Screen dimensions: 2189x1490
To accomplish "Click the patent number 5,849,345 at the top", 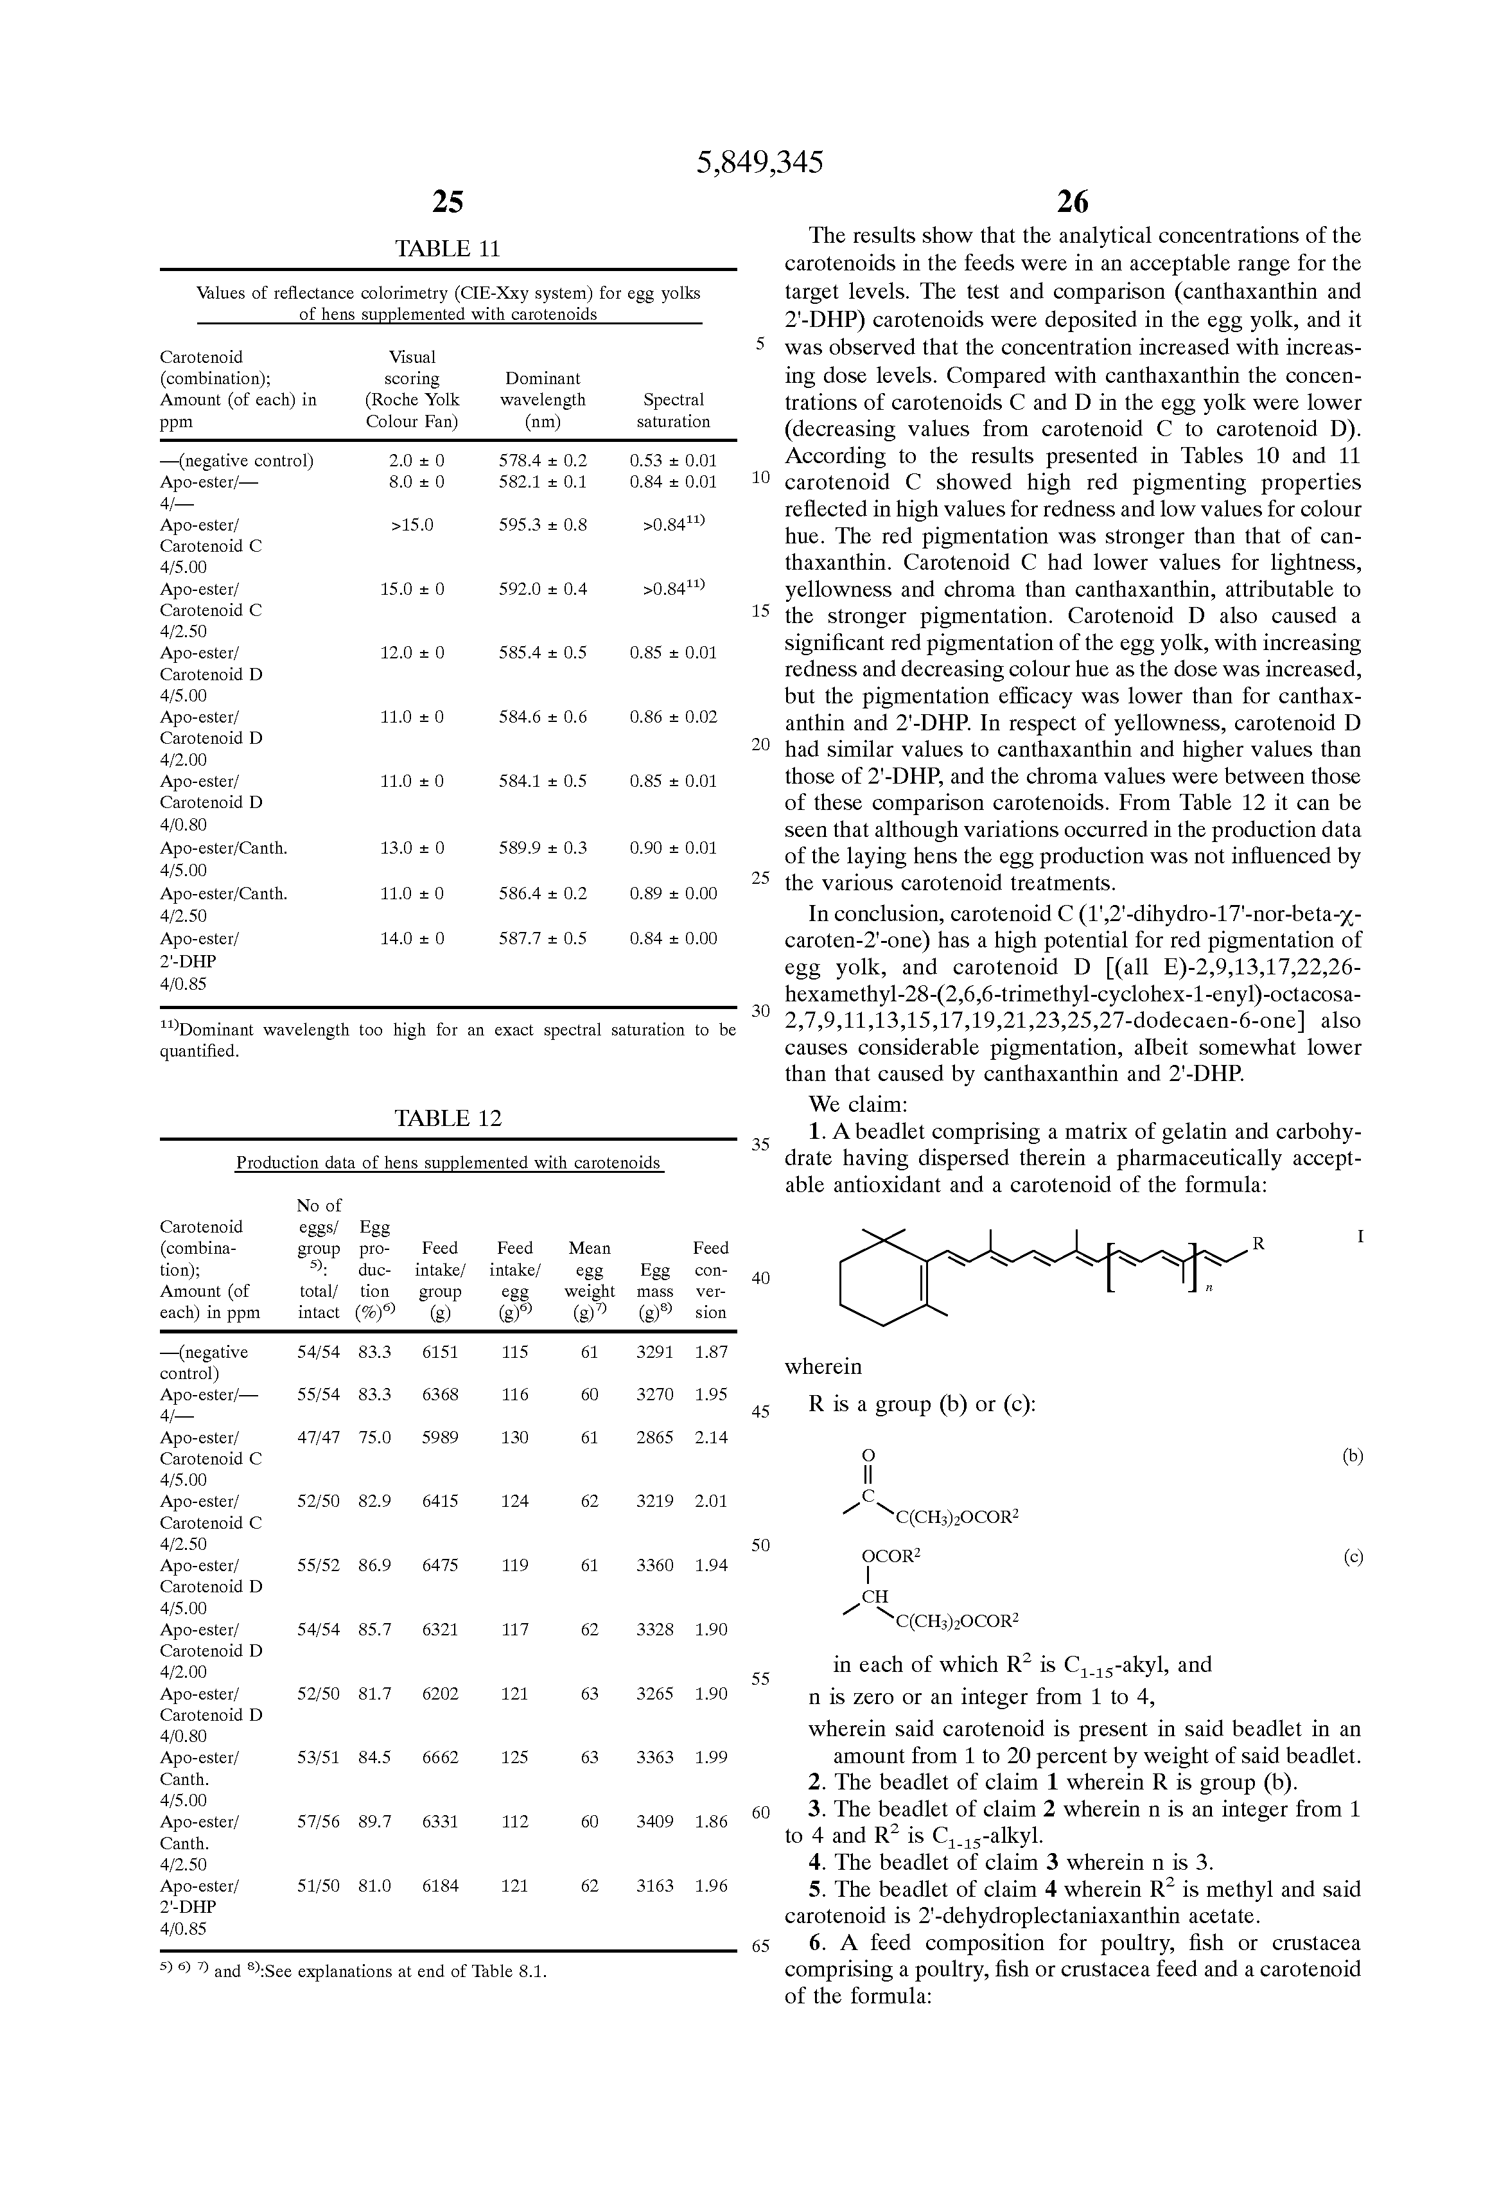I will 759,163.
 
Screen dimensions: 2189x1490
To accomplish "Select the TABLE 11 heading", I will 448,249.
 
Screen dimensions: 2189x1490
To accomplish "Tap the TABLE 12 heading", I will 448,1118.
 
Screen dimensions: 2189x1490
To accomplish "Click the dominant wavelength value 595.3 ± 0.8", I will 543,525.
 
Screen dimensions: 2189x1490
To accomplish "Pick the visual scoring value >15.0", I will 412,525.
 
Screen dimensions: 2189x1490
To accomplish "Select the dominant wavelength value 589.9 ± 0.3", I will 543,848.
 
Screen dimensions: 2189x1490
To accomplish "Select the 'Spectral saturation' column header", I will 672,410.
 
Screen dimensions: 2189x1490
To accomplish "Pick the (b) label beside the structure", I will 1353,1456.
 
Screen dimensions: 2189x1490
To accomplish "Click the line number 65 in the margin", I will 760,1947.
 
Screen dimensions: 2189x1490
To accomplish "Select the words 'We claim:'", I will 858,1104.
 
